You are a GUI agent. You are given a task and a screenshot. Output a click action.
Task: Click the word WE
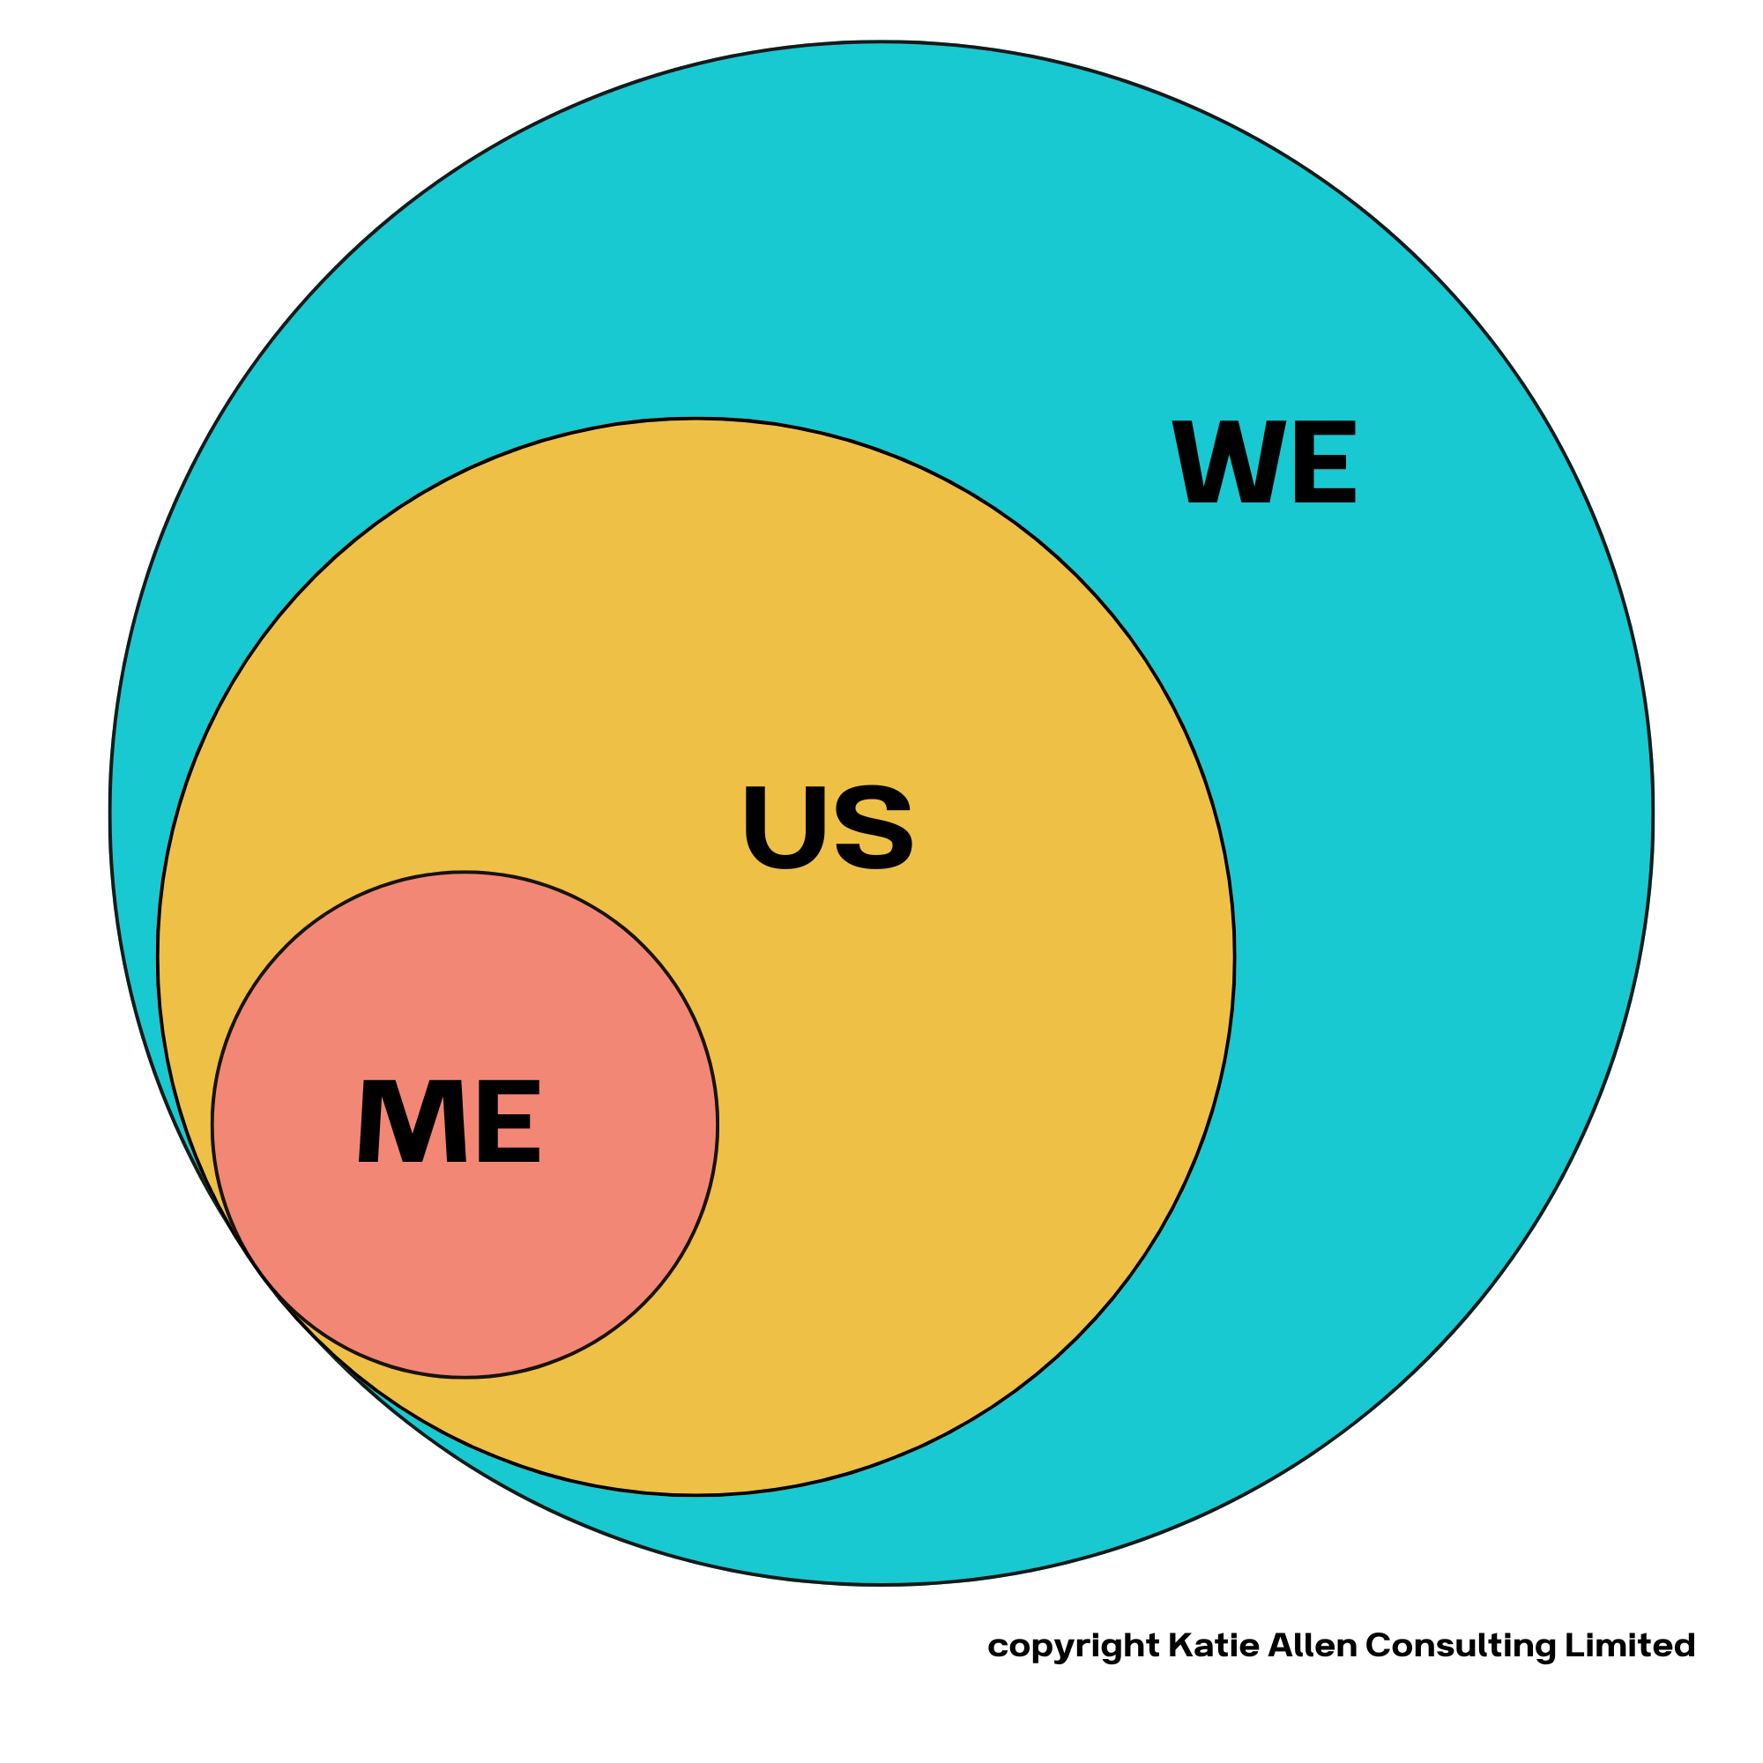1263,462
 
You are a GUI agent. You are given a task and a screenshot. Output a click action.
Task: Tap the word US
828,827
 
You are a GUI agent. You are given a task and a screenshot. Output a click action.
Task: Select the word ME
449,1120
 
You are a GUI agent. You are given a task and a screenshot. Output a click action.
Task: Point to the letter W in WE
1228,462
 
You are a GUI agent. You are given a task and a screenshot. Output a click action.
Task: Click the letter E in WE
1324,462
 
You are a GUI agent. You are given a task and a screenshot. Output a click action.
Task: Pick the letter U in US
785,827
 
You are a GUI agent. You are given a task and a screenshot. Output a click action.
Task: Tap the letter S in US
874,827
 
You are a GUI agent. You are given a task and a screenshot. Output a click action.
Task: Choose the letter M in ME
413,1120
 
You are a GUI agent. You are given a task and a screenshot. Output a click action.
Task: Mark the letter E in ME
509,1120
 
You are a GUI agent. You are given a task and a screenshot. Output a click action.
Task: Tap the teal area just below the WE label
1263,566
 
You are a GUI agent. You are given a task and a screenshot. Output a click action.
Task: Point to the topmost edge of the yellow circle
696,419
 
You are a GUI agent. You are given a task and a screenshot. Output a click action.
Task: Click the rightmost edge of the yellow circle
1234,957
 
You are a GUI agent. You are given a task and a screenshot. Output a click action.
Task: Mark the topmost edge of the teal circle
881,42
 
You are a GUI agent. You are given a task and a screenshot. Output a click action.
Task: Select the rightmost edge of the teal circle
1653,813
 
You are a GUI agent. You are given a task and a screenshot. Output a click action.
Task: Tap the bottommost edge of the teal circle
881,1584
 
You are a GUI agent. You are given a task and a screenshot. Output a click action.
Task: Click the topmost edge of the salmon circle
465,873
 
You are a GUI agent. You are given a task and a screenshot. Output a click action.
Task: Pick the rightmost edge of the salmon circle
718,1125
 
